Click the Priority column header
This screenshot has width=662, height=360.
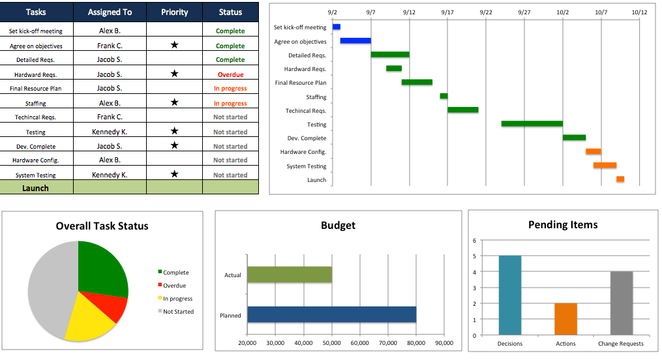click(174, 12)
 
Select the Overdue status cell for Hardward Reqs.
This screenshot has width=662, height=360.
click(230, 74)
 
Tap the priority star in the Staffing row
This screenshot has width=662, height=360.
click(174, 102)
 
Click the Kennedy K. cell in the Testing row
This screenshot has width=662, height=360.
click(110, 132)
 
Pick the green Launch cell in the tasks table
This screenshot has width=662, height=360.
click(36, 188)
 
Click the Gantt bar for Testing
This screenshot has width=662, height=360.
click(532, 123)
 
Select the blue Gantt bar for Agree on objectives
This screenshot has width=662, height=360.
click(355, 40)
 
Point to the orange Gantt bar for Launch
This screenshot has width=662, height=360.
click(620, 179)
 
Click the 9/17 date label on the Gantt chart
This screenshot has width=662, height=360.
click(447, 12)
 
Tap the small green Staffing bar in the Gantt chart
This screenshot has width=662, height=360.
click(444, 96)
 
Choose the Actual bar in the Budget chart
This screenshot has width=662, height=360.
click(290, 275)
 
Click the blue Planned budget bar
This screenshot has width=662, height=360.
click(331, 314)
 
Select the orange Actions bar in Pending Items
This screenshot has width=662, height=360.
click(565, 319)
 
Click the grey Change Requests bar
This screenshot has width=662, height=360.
click(621, 303)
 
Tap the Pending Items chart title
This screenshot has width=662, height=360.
click(562, 225)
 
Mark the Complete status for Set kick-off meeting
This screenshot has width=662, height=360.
click(230, 31)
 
